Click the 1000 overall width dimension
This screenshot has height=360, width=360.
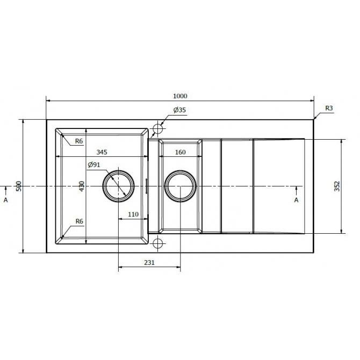click(x=179, y=96)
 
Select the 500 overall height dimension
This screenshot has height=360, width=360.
click(x=18, y=186)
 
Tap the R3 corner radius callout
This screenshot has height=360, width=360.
click(x=329, y=108)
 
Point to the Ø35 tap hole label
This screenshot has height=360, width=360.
click(x=179, y=110)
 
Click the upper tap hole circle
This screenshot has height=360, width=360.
click(x=158, y=129)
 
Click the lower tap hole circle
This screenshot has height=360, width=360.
click(x=158, y=243)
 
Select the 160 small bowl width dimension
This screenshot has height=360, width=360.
click(x=180, y=153)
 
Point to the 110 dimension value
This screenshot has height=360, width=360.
click(x=133, y=214)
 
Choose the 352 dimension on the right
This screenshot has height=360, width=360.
click(x=337, y=186)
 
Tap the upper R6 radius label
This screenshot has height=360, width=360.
click(x=79, y=141)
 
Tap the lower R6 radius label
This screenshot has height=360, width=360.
click(x=79, y=221)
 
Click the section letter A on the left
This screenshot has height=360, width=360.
click(x=5, y=199)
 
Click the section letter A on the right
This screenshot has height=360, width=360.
click(x=296, y=200)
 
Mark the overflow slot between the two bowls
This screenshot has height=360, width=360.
click(x=148, y=186)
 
